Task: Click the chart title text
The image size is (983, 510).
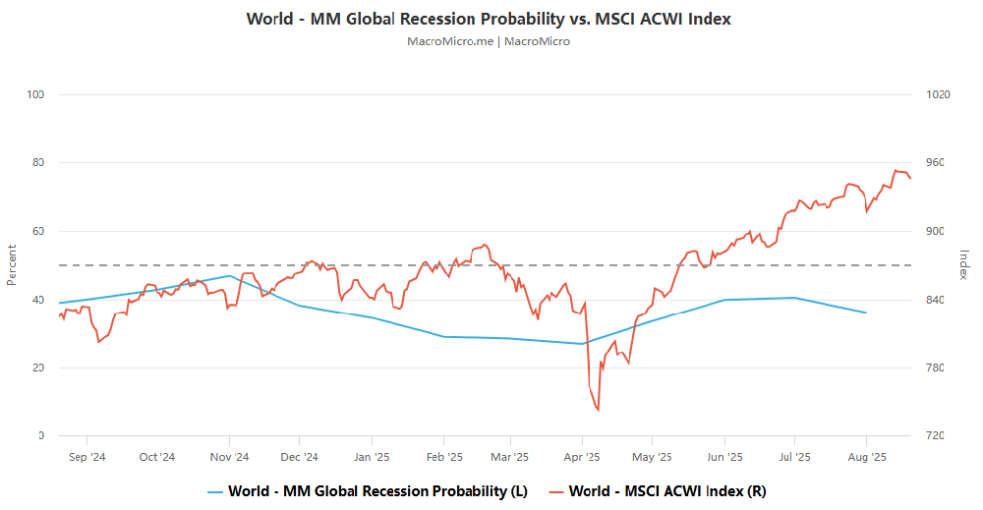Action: click(489, 19)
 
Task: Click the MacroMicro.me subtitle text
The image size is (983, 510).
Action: click(489, 41)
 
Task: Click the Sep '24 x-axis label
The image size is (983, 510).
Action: click(87, 457)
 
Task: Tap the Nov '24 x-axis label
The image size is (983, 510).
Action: click(229, 457)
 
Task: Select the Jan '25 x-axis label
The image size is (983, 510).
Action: click(372, 457)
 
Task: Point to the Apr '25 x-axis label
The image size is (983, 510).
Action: click(583, 457)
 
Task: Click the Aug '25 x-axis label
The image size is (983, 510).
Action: click(866, 457)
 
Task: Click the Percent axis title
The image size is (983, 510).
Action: click(12, 265)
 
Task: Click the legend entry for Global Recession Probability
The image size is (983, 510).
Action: click(369, 490)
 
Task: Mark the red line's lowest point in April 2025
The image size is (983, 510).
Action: click(598, 410)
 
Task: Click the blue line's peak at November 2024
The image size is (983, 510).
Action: click(230, 275)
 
